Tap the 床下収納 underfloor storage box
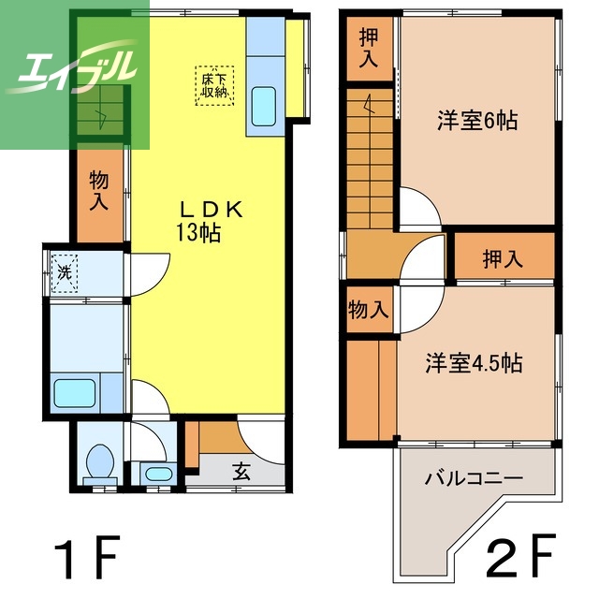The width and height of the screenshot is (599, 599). tap(214, 85)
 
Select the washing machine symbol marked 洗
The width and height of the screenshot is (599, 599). tap(65, 273)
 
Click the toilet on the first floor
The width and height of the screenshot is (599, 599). tap(100, 463)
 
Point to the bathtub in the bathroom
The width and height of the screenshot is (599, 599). tap(75, 393)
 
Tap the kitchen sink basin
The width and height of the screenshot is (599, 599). tap(264, 107)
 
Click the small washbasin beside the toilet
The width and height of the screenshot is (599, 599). tap(159, 475)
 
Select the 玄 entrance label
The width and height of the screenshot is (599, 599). tap(241, 472)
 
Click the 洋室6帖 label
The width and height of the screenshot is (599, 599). tap(478, 121)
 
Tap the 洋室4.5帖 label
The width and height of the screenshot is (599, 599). tap(475, 363)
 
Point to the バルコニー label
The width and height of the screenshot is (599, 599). tap(474, 478)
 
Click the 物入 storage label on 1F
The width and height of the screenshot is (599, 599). tap(99, 191)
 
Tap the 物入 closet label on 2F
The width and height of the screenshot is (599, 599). tap(369, 310)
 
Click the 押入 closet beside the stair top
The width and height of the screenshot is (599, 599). tap(369, 48)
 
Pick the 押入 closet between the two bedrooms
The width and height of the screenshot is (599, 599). tap(503, 259)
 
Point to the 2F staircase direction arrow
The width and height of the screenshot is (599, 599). tap(370, 104)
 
